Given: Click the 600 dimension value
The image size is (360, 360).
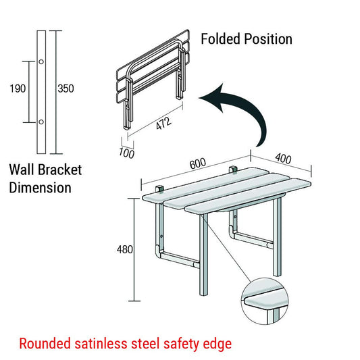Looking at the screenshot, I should click(197, 165).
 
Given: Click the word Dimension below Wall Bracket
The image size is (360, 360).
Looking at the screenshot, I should click(40, 187).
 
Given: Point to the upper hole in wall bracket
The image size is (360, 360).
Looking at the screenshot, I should click(41, 62).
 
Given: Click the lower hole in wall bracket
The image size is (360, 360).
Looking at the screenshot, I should click(41, 122).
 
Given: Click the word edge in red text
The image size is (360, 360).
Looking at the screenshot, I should click(217, 344).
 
